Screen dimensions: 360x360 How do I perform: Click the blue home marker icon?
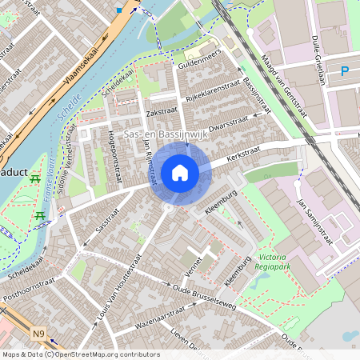[180, 172]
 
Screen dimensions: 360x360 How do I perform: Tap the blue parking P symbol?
[345, 72]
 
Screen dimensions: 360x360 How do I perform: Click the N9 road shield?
[38, 333]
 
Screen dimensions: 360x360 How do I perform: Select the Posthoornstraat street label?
[27, 292]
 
